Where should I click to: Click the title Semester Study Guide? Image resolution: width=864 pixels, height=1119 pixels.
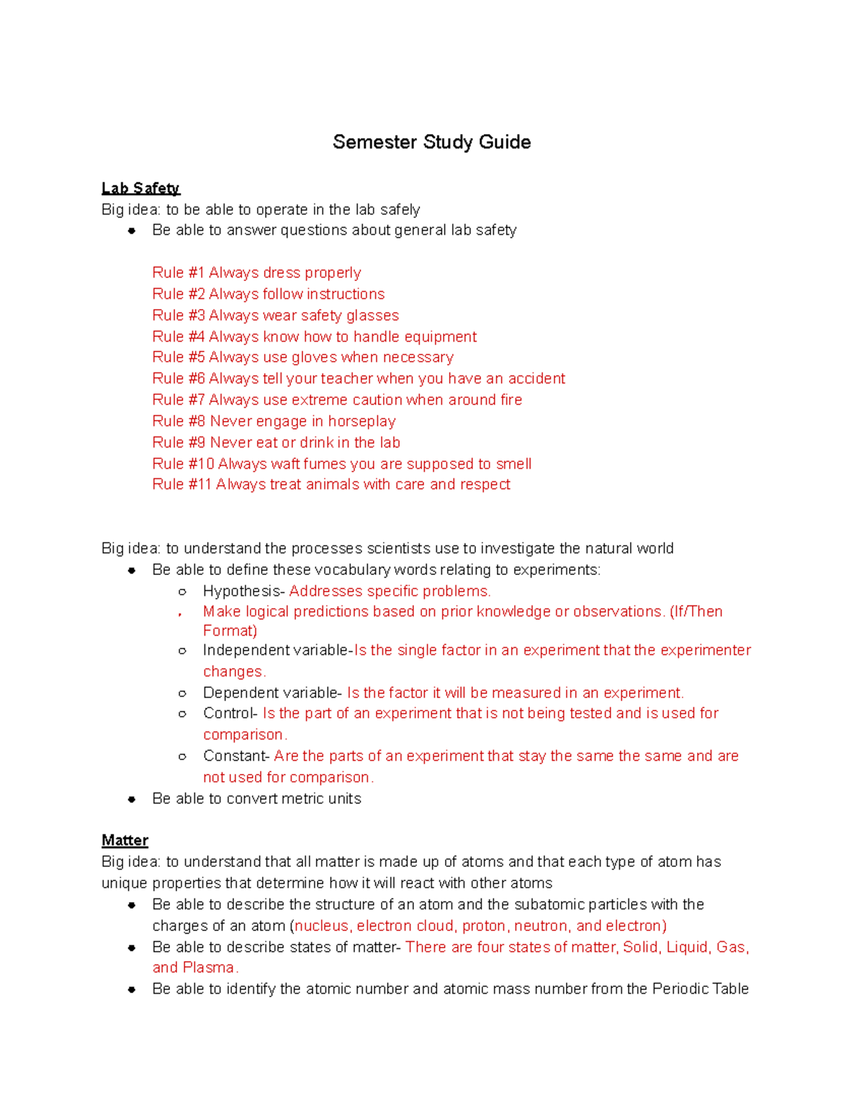point(431,142)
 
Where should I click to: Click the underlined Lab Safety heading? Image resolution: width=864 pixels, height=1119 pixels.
point(140,188)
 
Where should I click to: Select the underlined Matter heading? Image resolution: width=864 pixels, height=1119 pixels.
point(125,840)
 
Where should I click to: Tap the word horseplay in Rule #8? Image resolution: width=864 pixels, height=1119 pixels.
point(361,421)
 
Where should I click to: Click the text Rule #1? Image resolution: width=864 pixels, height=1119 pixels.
point(179,272)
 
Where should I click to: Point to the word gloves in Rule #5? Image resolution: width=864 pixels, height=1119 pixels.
point(315,357)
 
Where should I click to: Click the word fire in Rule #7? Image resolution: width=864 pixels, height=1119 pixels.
point(511,400)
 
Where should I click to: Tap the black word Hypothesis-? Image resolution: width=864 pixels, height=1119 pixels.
point(244,591)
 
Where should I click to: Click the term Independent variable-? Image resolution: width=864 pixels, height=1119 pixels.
point(277,650)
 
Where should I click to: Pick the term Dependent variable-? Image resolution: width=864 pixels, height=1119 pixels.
point(272,692)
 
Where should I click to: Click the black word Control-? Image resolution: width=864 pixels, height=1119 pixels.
point(230,713)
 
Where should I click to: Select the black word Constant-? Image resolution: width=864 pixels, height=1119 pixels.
point(236,756)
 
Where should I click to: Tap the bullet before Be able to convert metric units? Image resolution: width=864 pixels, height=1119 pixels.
point(132,799)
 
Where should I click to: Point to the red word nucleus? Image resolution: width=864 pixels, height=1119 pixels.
point(322,926)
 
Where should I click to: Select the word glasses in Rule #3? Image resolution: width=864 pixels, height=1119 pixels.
point(372,316)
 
